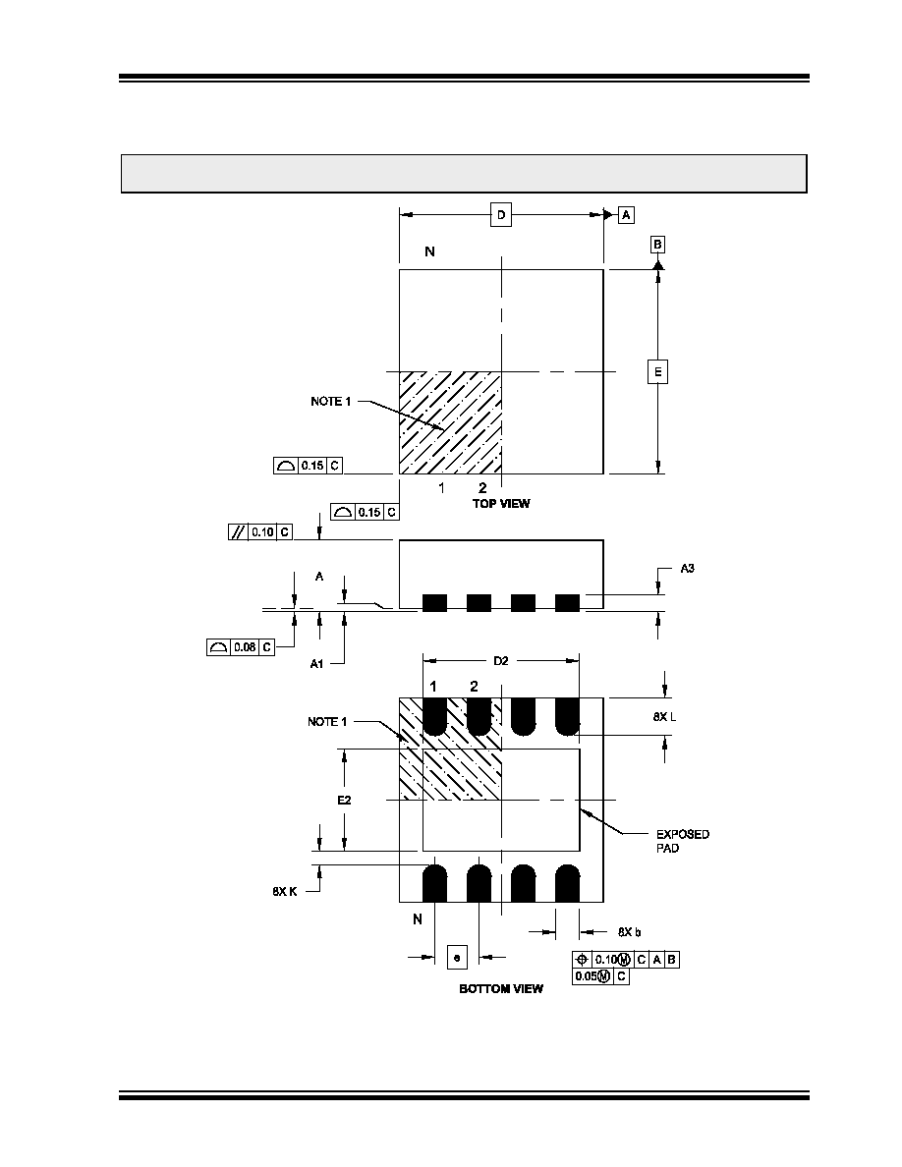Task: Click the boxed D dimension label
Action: pos(501,215)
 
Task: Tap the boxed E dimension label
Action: pos(658,371)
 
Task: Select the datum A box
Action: pos(627,215)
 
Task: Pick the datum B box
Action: pos(658,245)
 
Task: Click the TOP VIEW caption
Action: pos(501,504)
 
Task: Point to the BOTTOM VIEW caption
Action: pos(501,988)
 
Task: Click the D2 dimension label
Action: pos(501,661)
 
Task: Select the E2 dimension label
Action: pos(344,800)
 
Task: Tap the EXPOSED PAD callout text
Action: pos(683,841)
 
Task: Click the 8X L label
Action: pos(664,717)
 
